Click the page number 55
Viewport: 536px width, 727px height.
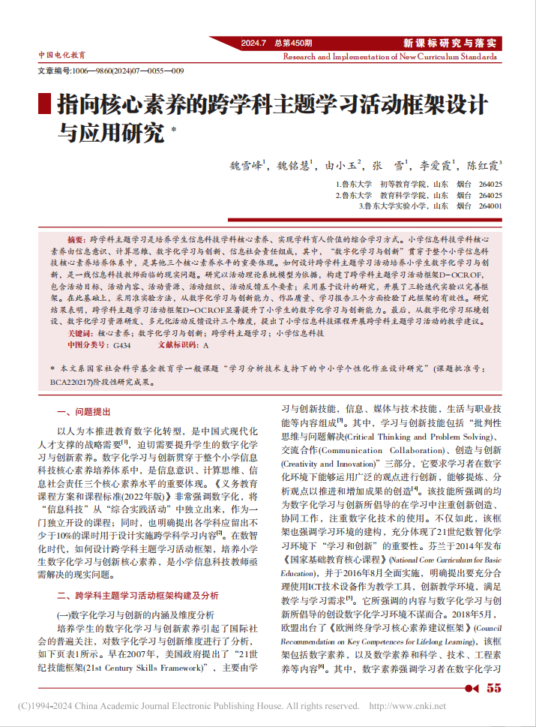pyautogui.click(x=493, y=688)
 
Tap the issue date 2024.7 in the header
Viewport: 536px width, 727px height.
pyautogui.click(x=253, y=43)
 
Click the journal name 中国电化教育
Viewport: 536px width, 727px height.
pyautogui.click(x=61, y=56)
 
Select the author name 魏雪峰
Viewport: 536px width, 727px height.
pyautogui.click(x=245, y=166)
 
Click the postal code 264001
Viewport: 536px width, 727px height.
pyautogui.click(x=490, y=205)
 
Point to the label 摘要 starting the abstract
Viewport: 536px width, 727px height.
pyautogui.click(x=77, y=237)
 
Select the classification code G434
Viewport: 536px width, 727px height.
pyautogui.click(x=121, y=344)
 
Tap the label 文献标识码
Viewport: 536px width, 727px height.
pyautogui.click(x=177, y=344)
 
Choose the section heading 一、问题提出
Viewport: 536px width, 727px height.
pyautogui.click(x=83, y=412)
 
